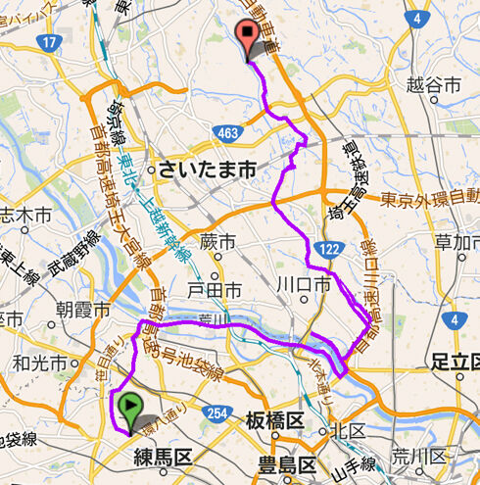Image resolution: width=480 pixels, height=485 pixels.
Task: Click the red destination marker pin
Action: coord(251,39)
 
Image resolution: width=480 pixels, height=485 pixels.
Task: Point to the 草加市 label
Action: coord(457,242)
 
